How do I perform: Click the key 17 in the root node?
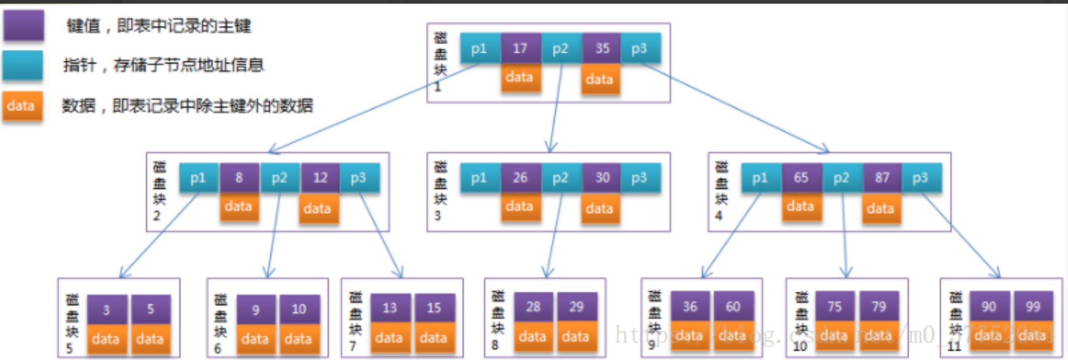[x=520, y=48]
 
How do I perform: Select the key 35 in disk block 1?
[x=602, y=48]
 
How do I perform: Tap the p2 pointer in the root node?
[x=561, y=48]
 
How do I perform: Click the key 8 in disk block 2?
[x=239, y=178]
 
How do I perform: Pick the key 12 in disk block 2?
[x=320, y=178]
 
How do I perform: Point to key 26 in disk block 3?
[x=520, y=178]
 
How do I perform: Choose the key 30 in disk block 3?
[x=602, y=178]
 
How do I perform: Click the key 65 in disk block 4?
[x=801, y=178]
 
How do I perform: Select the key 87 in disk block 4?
[x=882, y=178]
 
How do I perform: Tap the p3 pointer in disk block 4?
[x=921, y=178]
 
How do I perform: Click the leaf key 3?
[x=106, y=310]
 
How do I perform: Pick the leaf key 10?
[x=299, y=309]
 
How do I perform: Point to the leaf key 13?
[x=389, y=308]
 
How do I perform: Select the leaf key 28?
[x=533, y=307]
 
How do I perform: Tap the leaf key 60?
[x=733, y=307]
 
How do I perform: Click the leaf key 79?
[x=878, y=307]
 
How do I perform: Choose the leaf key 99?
[x=1032, y=307]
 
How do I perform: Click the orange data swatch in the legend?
[x=21, y=106]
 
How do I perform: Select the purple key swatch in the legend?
[x=24, y=25]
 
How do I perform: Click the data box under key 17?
[x=520, y=78]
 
